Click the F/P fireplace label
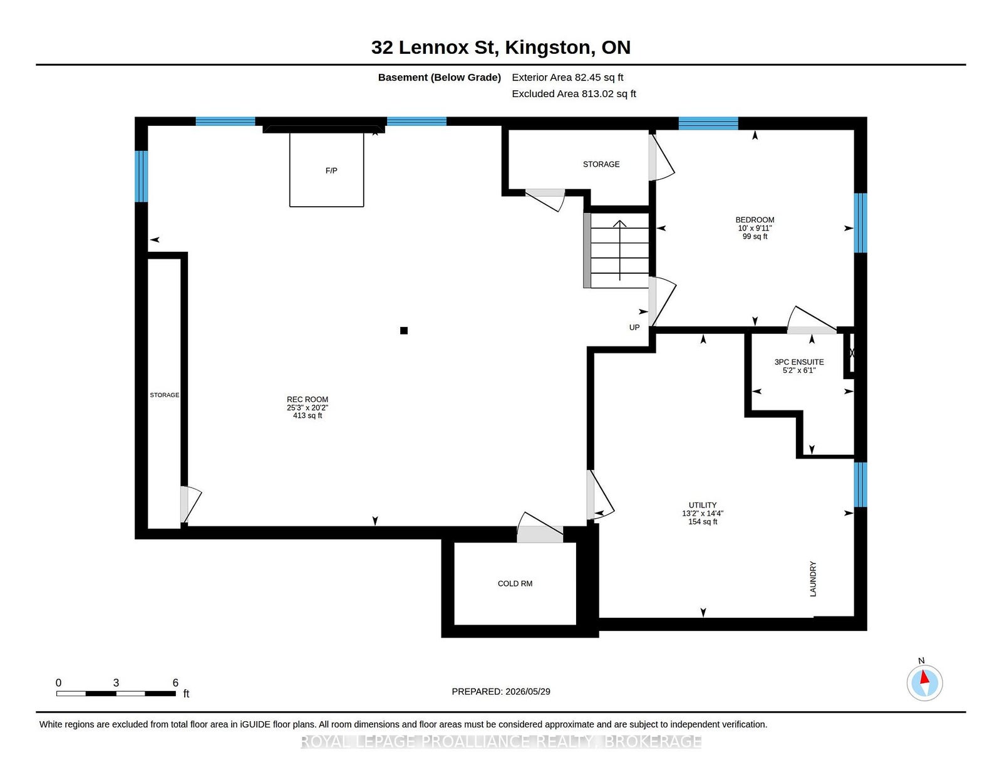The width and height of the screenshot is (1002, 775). [331, 170]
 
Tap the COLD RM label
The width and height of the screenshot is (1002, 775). [515, 583]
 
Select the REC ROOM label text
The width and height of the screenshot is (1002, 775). [307, 400]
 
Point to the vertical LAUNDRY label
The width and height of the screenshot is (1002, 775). [813, 579]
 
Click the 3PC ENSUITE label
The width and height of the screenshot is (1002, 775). [799, 362]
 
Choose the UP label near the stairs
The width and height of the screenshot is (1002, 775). [634, 328]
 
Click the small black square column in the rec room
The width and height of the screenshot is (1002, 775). [404, 330]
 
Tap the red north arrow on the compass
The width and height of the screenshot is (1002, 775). [924, 677]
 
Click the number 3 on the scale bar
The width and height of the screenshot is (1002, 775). [116, 683]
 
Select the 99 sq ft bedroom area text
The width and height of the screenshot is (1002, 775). [755, 237]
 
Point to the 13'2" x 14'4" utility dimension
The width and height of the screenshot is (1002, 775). [703, 514]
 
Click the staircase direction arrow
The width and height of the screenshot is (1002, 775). [619, 251]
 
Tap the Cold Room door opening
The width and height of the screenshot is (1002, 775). [540, 534]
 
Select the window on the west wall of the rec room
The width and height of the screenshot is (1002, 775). [141, 176]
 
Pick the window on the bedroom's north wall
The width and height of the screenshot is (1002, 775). [708, 123]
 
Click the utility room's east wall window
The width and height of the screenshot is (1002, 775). [860, 484]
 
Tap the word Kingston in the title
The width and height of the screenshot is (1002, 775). [547, 48]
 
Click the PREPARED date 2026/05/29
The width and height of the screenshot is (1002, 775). [527, 692]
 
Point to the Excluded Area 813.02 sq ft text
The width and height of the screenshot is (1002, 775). [574, 93]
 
